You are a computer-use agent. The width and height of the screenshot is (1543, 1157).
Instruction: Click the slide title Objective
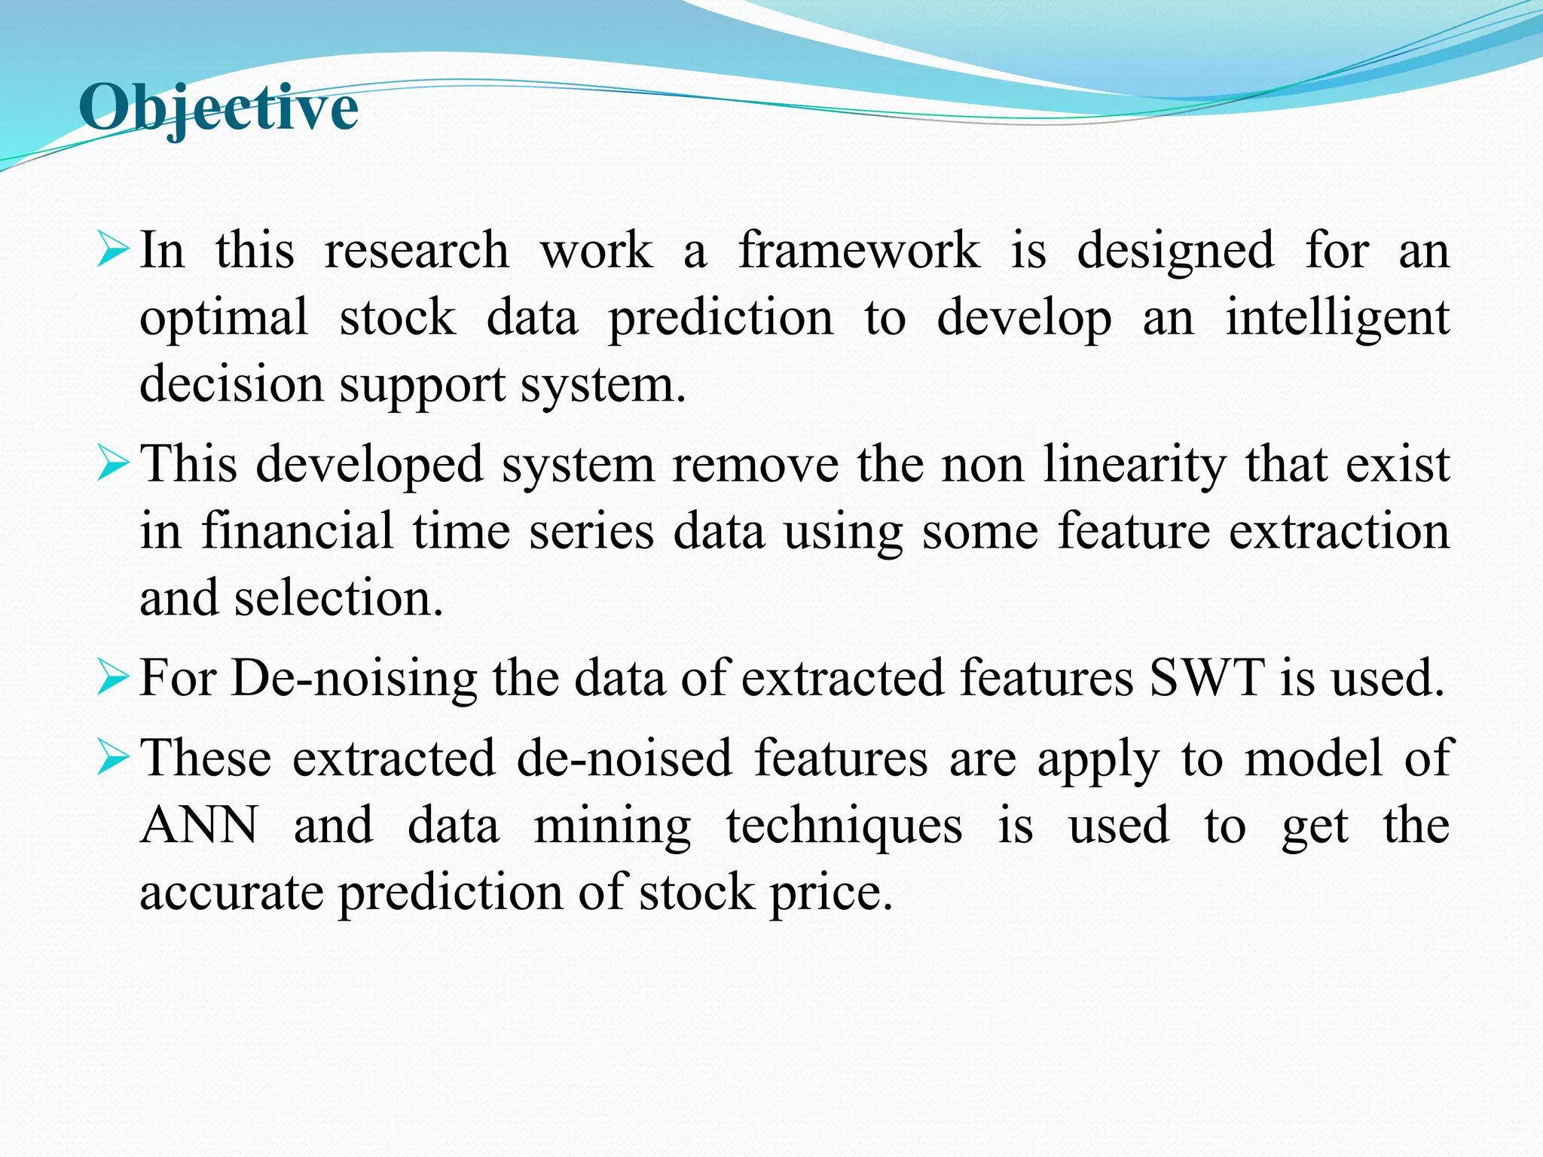(218, 108)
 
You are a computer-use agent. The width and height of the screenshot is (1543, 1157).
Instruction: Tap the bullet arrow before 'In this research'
(114, 250)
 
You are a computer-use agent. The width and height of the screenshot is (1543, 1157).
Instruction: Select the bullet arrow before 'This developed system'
(114, 464)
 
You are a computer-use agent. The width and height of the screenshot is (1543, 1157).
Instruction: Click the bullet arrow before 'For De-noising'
(114, 678)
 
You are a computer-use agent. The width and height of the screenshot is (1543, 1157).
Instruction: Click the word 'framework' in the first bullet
(859, 250)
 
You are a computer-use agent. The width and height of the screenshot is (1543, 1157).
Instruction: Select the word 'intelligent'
(1337, 318)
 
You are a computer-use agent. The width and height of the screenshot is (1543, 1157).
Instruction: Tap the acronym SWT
(1206, 678)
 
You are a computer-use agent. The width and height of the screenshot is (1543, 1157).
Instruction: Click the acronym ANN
(200, 826)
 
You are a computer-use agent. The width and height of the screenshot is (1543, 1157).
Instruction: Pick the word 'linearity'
(1135, 464)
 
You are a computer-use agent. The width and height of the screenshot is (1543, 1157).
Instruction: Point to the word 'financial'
(297, 531)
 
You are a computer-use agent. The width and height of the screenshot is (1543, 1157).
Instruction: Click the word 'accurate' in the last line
(231, 893)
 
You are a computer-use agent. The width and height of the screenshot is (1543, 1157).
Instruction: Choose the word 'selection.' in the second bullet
(338, 598)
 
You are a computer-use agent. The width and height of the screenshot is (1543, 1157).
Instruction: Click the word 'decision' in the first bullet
(231, 384)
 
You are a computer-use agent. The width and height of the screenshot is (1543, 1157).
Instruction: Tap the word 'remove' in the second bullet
(755, 464)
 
